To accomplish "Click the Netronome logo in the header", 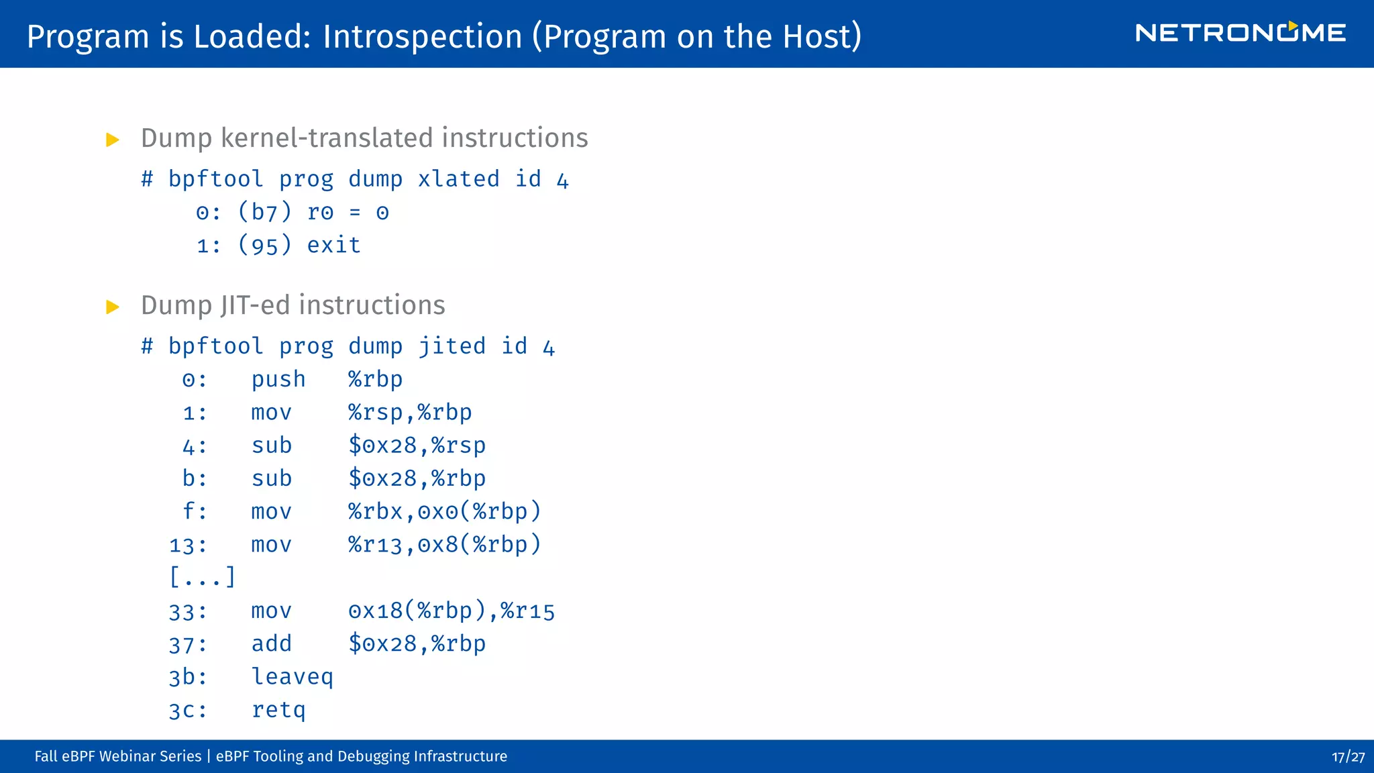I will [1240, 33].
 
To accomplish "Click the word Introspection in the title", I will [422, 36].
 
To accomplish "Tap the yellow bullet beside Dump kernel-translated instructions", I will [113, 140].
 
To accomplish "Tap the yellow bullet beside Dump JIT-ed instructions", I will [113, 307].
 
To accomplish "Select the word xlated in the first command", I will [458, 179].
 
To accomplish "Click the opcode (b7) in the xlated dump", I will [265, 212].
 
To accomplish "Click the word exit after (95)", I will [333, 245].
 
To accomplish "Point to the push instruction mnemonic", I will [278, 380].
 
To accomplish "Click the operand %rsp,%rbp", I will [410, 413].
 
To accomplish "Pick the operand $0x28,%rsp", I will [417, 446].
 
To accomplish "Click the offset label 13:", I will [188, 545].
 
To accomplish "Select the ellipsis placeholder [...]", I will [202, 577].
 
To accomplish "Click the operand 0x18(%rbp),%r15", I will [452, 611].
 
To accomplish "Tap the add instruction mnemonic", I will [271, 643].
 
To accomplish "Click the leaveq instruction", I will [292, 676].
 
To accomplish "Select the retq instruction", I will [278, 710].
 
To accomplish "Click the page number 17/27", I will [1348, 757].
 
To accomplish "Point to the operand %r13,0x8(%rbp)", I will [444, 545].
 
